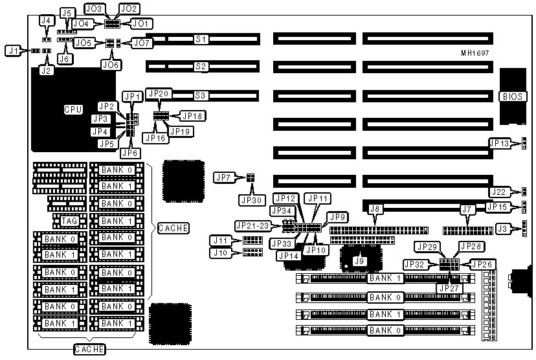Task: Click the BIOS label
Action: [511, 96]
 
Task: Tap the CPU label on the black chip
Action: [73, 109]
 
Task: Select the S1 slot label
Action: [201, 39]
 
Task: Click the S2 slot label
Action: [201, 66]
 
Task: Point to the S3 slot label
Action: [201, 95]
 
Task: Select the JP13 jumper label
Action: [498, 142]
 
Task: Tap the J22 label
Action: [498, 191]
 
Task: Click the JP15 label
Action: [498, 207]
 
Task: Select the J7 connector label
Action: [465, 208]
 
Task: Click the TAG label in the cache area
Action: [69, 221]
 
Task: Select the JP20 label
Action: [159, 93]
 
